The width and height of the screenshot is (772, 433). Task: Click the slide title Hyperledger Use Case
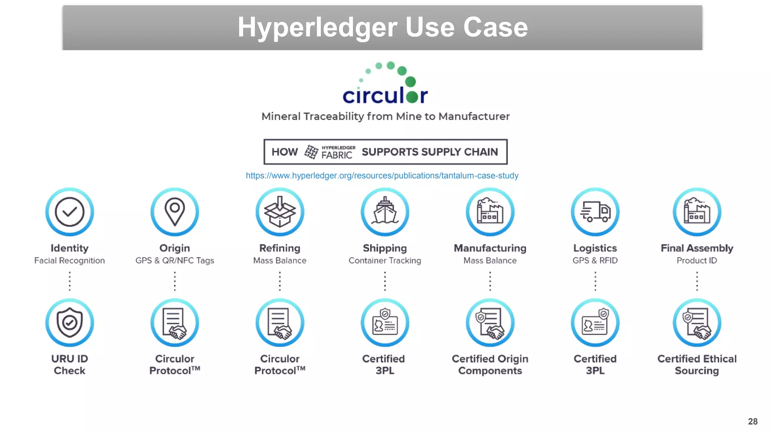(382, 27)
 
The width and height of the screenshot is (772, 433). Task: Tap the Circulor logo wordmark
(385, 95)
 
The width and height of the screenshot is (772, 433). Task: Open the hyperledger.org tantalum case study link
(382, 176)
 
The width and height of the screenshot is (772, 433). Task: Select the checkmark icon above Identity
(70, 212)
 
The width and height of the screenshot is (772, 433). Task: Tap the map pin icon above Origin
(175, 212)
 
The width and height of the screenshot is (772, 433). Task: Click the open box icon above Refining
(280, 212)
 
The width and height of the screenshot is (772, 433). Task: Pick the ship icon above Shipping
(385, 212)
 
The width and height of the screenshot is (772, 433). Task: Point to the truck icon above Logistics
(595, 212)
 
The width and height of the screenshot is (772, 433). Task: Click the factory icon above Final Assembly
(697, 212)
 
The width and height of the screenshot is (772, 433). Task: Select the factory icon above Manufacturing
(490, 212)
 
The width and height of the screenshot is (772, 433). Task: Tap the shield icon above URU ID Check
(70, 322)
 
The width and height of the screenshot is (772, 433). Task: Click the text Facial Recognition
(70, 260)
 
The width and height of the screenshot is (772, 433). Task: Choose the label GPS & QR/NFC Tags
(175, 260)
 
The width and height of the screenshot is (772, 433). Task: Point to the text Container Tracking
(385, 260)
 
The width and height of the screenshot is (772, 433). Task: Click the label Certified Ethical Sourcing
(697, 365)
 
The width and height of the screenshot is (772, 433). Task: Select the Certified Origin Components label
(490, 365)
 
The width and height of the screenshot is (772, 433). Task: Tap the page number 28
(753, 421)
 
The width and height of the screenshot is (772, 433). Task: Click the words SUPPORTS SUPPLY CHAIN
(430, 152)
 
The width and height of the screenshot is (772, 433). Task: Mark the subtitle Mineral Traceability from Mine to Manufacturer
(385, 116)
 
